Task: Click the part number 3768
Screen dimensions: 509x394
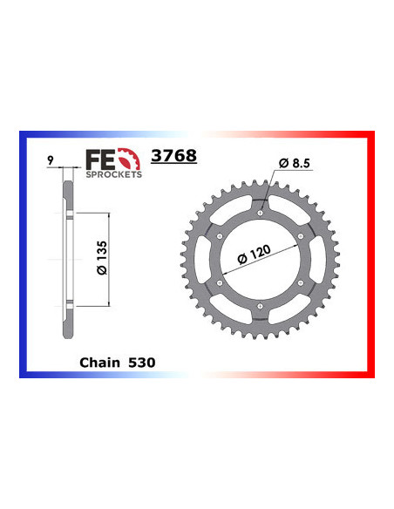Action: (x=174, y=156)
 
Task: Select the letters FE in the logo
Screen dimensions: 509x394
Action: (x=97, y=158)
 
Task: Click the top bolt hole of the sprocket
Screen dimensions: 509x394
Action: (x=260, y=211)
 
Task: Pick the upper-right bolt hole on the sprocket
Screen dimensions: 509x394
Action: (x=301, y=234)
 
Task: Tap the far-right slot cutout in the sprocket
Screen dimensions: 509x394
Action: (x=317, y=258)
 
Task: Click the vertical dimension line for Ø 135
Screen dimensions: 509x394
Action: (x=108, y=259)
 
